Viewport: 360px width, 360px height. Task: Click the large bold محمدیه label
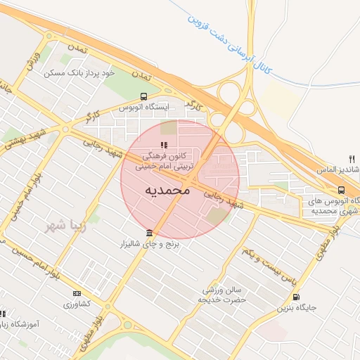pos(167,190)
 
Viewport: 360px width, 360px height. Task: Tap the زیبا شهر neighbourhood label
pos(65,226)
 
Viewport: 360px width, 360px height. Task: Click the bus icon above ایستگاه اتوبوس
pos(143,96)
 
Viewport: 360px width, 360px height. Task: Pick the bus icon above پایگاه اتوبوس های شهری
pos(341,190)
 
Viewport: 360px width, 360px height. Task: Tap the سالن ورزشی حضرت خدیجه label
pos(224,295)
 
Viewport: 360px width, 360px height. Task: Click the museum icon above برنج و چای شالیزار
pos(148,233)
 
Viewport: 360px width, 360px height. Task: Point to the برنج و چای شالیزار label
pos(148,244)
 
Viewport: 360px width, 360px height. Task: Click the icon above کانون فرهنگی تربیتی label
pos(155,145)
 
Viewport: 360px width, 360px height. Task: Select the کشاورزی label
pos(77,304)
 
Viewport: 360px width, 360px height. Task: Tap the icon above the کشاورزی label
pos(77,294)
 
